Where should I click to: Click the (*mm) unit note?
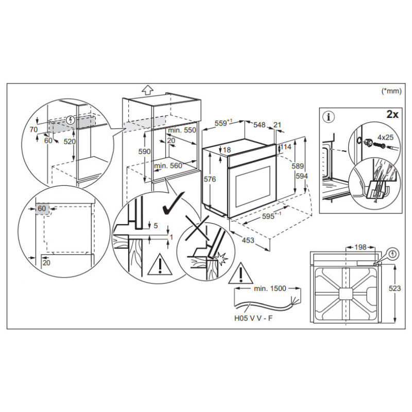pyautogui.click(x=391, y=91)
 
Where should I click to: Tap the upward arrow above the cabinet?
pyautogui.click(x=148, y=90)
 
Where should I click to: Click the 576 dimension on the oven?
pyautogui.click(x=209, y=179)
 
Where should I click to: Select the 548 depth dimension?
pyautogui.click(x=259, y=125)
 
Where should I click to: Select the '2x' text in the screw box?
pyautogui.click(x=392, y=114)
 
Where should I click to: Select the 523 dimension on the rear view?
pyautogui.click(x=395, y=289)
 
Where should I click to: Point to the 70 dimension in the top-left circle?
pyautogui.click(x=34, y=130)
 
